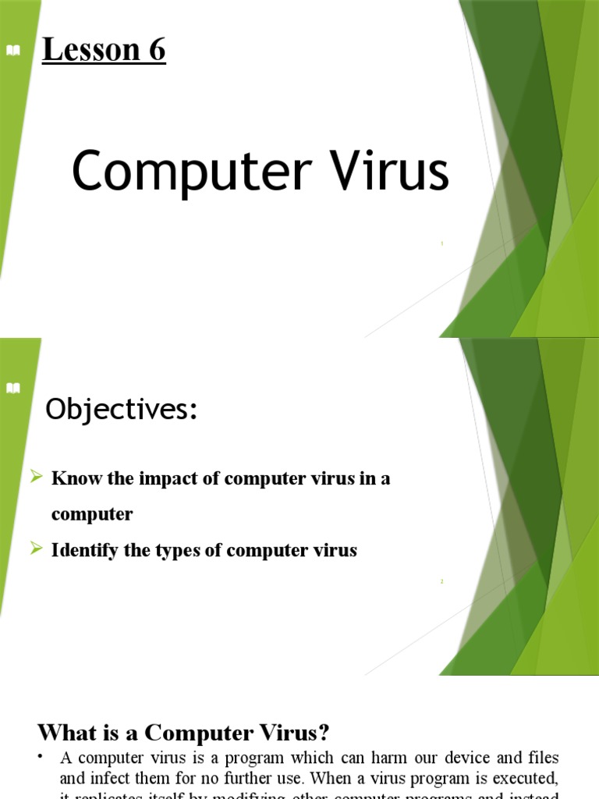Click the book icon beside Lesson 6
tap(13, 51)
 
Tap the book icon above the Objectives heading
tap(13, 389)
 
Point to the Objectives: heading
tap(122, 410)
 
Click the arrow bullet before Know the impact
tap(36, 478)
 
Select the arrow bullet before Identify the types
tap(36, 549)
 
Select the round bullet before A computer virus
tap(41, 757)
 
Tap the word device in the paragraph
tap(450, 758)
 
